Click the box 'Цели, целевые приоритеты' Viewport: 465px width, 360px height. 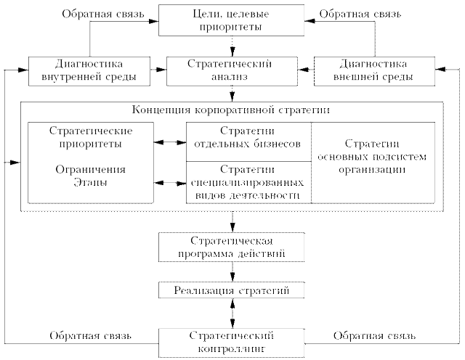coord(232,20)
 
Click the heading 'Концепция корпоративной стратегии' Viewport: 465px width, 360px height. coord(231,110)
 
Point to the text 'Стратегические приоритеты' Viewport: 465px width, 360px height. coord(91,137)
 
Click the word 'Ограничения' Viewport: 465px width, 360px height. coord(91,169)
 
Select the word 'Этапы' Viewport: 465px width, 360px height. coord(91,181)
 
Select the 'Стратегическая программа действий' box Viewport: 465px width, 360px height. coord(232,246)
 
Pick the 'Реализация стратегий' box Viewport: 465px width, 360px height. coord(232,290)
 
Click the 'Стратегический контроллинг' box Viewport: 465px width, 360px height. coord(232,341)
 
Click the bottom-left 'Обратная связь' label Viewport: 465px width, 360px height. coord(90,335)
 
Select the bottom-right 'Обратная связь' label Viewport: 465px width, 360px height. coord(373,335)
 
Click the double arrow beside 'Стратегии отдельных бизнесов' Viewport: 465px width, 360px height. coord(171,143)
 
